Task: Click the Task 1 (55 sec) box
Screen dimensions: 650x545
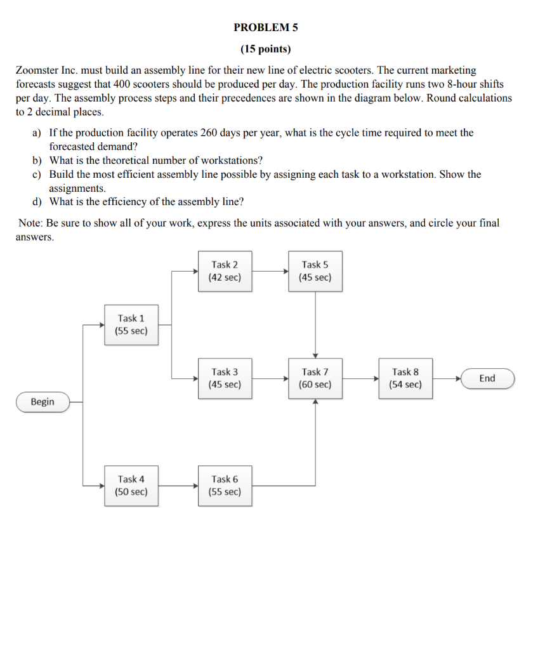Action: pyautogui.click(x=131, y=324)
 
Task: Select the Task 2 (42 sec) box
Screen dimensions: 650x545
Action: pyautogui.click(x=225, y=271)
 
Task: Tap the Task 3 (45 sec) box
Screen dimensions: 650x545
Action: pyautogui.click(x=225, y=378)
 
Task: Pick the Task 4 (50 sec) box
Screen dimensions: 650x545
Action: pyautogui.click(x=131, y=486)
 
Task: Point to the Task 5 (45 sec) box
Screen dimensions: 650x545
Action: pyautogui.click(x=315, y=271)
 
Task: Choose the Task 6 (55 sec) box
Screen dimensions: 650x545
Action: pyautogui.click(x=225, y=486)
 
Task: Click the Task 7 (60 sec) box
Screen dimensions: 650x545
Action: pyautogui.click(x=315, y=378)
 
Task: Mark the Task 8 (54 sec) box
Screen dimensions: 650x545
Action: pyautogui.click(x=405, y=378)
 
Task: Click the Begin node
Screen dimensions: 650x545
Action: pyautogui.click(x=43, y=402)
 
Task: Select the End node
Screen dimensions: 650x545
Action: pyautogui.click(x=487, y=378)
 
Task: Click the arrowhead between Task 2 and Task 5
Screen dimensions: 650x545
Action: pyautogui.click(x=286, y=271)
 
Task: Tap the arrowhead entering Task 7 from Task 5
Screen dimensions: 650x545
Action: pyautogui.click(x=315, y=355)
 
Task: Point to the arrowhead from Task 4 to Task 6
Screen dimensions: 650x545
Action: pyautogui.click(x=196, y=486)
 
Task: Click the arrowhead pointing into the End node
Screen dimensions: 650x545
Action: pyautogui.click(x=458, y=378)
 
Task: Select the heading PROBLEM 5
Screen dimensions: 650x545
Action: pyautogui.click(x=265, y=27)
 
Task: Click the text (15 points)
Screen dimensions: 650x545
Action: pyautogui.click(x=265, y=49)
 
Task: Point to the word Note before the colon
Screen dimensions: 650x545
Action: pyautogui.click(x=29, y=223)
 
